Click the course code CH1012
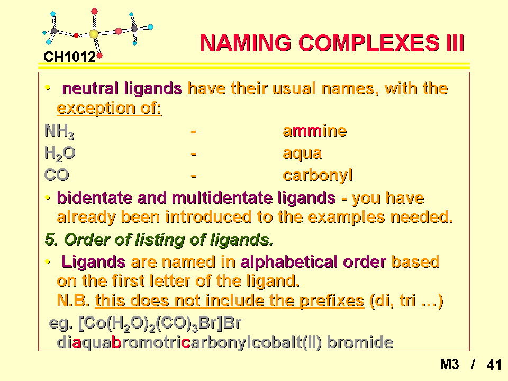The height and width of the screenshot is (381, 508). [70, 57]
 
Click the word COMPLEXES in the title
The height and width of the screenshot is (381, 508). [369, 43]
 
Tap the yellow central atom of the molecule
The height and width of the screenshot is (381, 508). [94, 34]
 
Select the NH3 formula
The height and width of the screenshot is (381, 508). [59, 131]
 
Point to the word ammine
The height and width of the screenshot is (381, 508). [314, 131]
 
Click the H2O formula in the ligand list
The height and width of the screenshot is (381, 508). [60, 153]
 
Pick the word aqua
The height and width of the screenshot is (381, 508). [302, 153]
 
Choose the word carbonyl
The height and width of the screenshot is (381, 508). [317, 176]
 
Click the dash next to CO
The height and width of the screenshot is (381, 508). [194, 176]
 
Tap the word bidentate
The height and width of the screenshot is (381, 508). [94, 197]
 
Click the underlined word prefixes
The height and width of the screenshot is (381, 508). [332, 301]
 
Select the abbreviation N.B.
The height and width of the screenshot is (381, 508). [73, 301]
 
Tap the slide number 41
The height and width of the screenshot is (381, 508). [494, 365]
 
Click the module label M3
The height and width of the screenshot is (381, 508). [449, 365]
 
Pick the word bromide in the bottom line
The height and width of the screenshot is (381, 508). [360, 342]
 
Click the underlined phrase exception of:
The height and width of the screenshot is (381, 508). [109, 108]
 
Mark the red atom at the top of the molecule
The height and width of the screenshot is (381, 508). [94, 12]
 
